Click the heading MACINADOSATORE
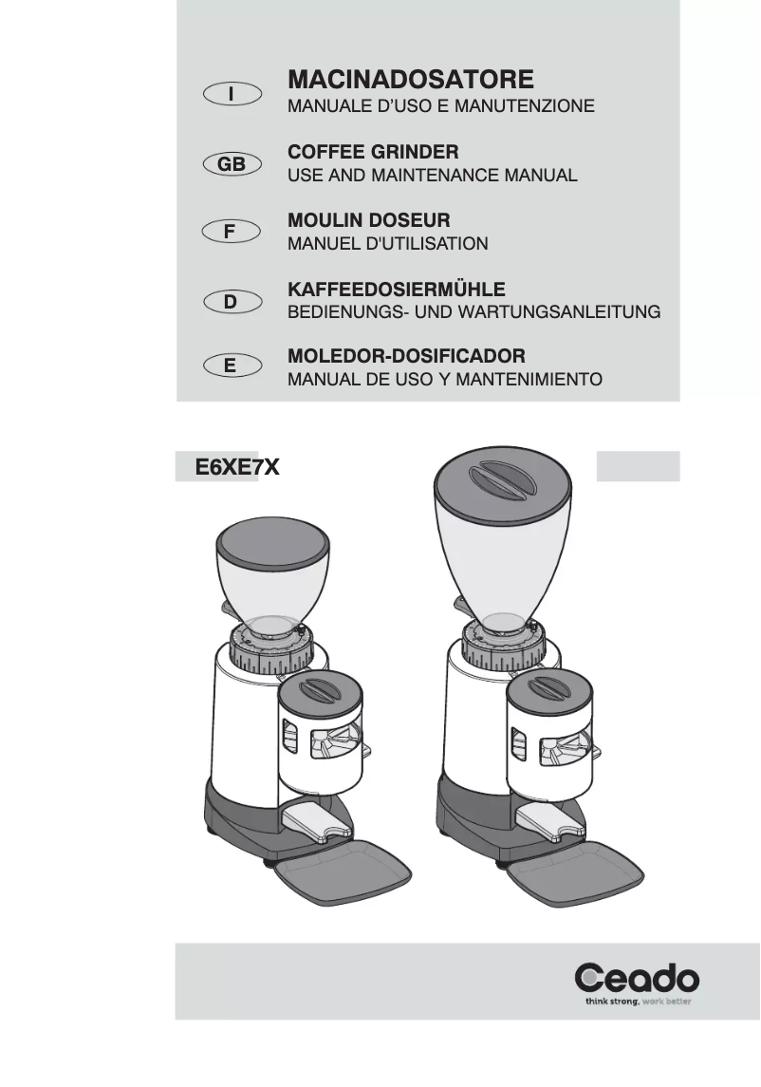point(410,79)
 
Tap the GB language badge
point(232,164)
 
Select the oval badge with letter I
point(232,93)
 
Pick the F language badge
point(232,232)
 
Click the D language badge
point(232,302)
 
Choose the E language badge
point(232,365)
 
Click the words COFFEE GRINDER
point(373,152)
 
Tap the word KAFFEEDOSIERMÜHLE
point(396,289)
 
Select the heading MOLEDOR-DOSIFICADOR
point(406,357)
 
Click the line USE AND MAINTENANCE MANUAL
point(432,176)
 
